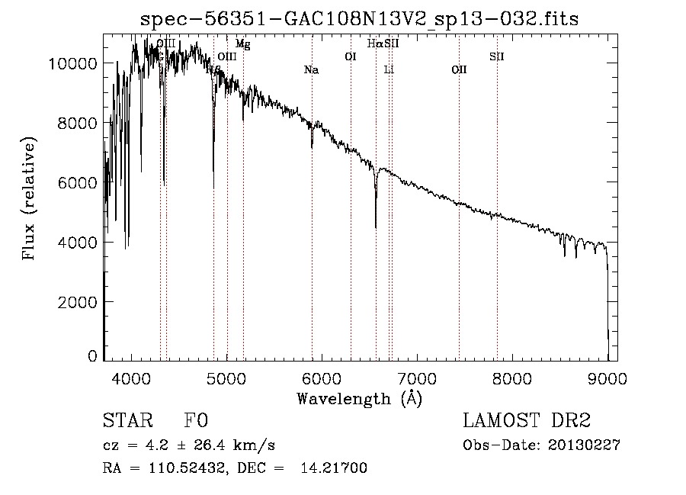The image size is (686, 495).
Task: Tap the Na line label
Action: click(x=311, y=70)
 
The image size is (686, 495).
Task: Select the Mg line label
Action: click(x=242, y=44)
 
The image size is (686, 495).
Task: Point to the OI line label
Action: click(x=351, y=56)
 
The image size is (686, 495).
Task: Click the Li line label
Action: click(x=389, y=70)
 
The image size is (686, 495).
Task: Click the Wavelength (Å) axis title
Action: click(x=359, y=398)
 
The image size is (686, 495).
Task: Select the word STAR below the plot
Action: click(x=127, y=421)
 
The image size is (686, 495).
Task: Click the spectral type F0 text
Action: click(x=196, y=421)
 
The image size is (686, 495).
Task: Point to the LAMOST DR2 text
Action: click(x=527, y=421)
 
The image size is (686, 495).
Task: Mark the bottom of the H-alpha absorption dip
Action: click(x=376, y=226)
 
